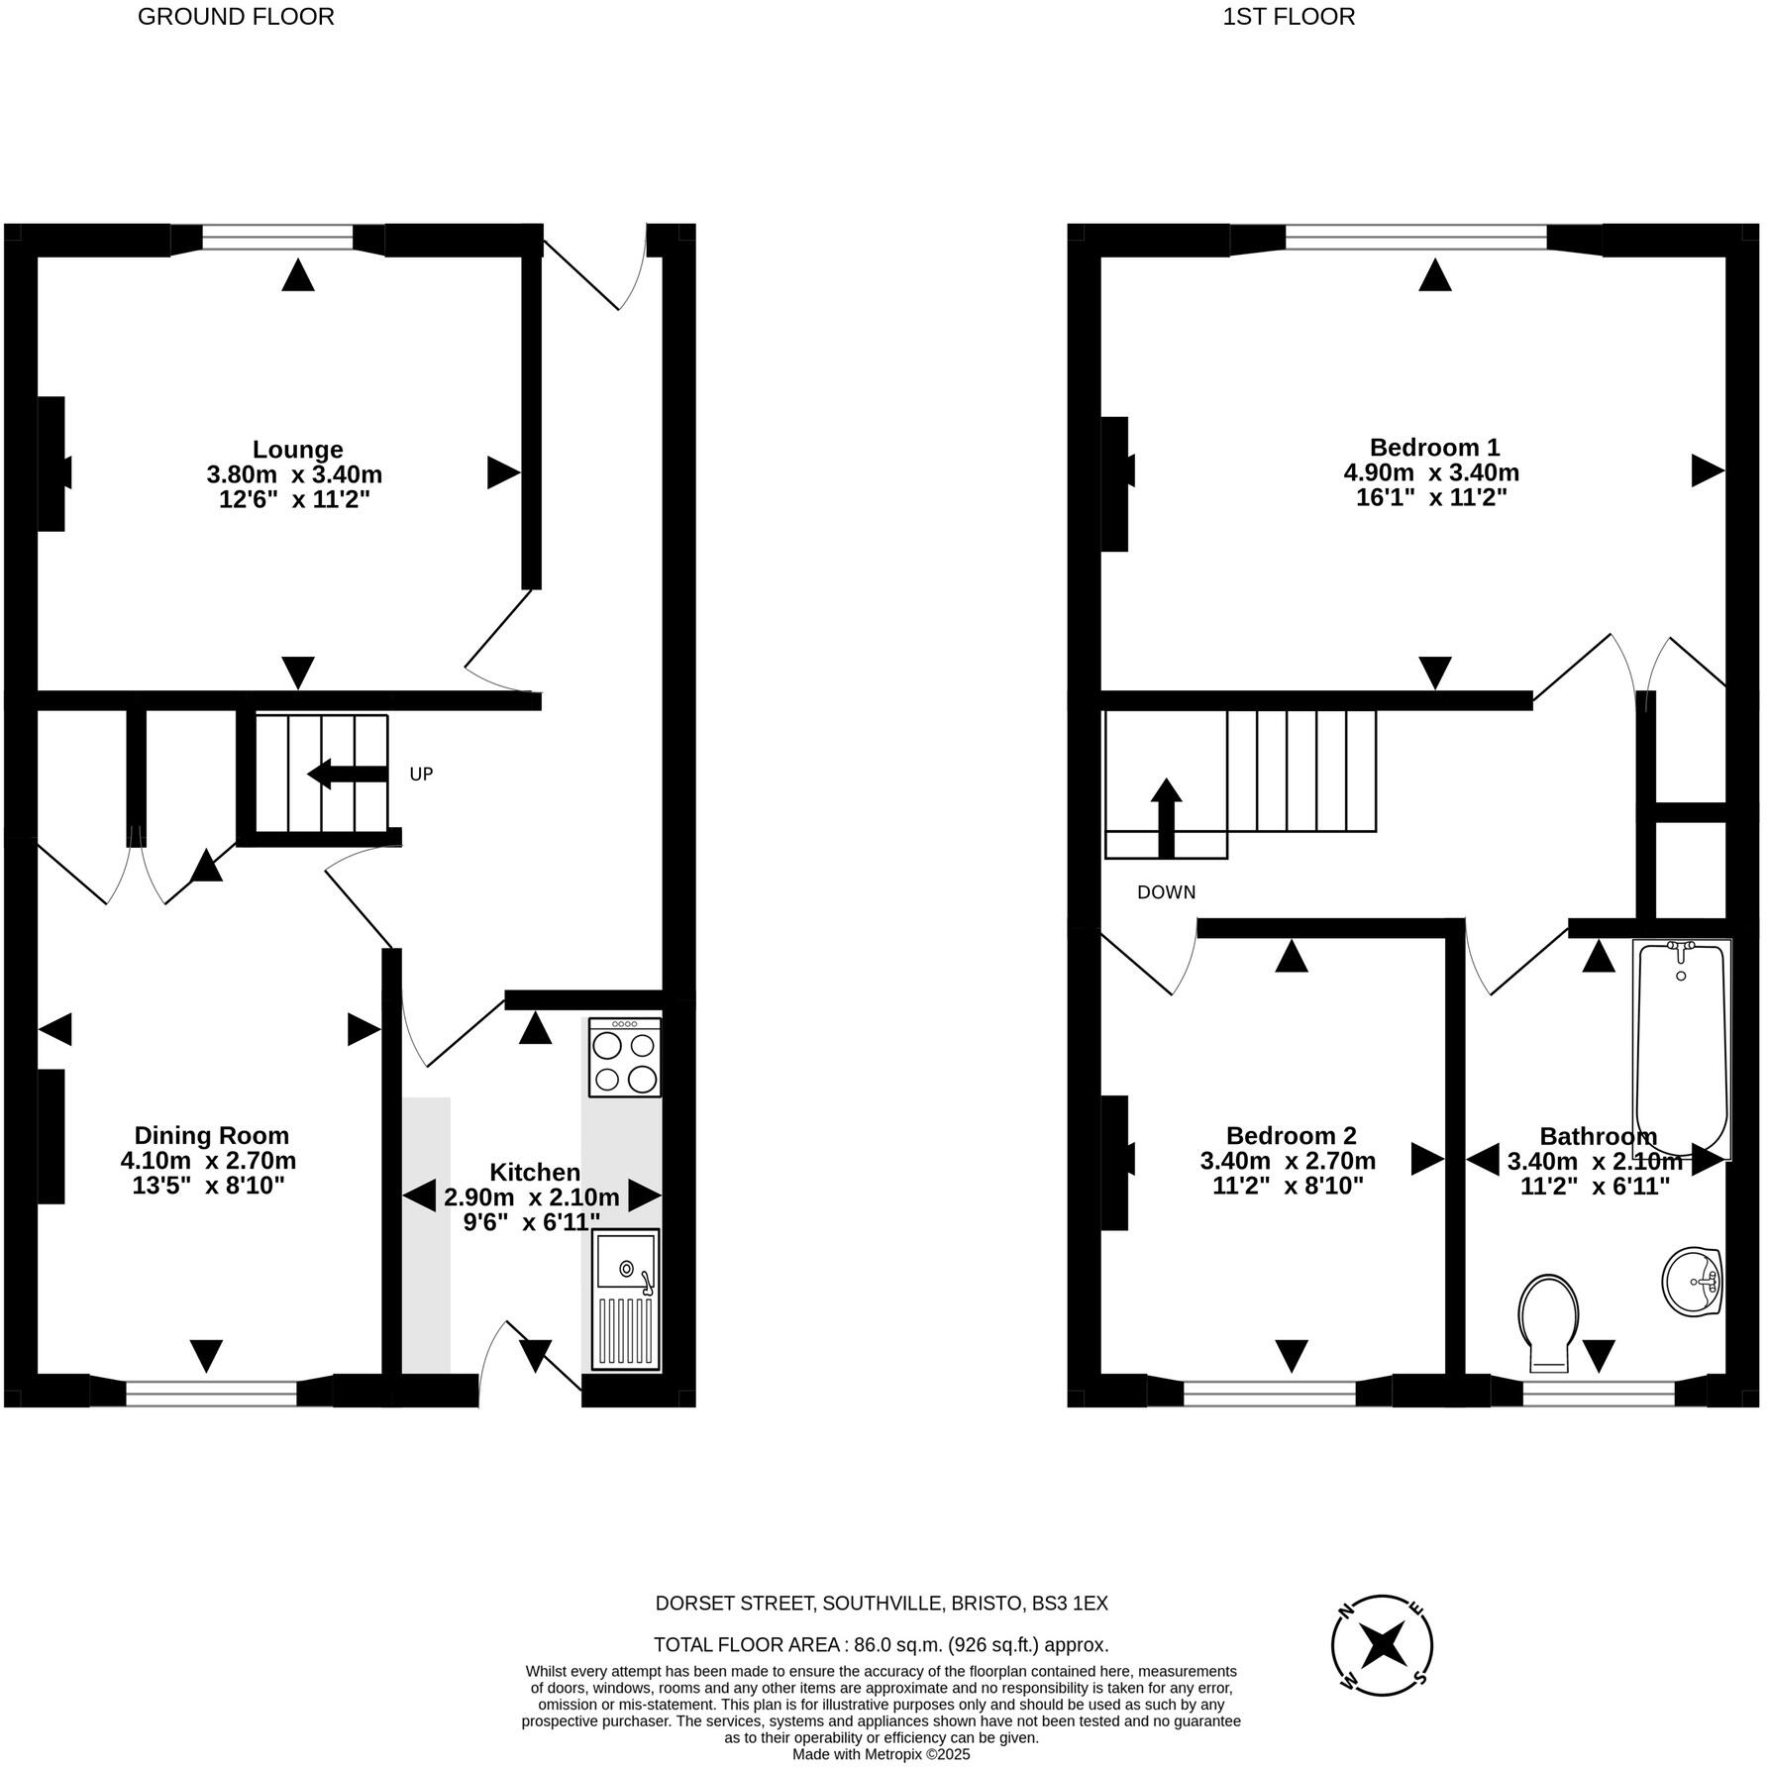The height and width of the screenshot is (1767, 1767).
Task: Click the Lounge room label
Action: [x=297, y=449]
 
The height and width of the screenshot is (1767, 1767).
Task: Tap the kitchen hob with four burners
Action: [x=624, y=1058]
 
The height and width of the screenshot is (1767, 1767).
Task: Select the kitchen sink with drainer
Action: [x=625, y=1300]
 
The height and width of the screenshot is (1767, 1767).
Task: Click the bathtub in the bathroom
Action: [x=1681, y=1048]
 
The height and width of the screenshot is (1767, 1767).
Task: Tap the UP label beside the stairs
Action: [x=421, y=775]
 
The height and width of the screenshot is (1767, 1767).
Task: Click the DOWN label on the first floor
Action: [x=1166, y=892]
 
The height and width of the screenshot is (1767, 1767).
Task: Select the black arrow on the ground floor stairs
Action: [x=347, y=775]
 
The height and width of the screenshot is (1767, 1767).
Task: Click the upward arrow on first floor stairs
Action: [x=1166, y=817]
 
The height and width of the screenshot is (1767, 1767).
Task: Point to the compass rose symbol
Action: [x=1382, y=1645]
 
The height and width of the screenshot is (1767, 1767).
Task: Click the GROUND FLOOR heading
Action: [x=236, y=17]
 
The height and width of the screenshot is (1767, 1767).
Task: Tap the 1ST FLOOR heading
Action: [x=1288, y=17]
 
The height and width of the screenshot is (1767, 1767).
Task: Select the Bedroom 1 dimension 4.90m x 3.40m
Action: [x=1430, y=472]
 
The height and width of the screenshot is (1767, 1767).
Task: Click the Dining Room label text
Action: [x=212, y=1135]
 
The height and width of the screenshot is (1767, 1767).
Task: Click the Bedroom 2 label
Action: [x=1291, y=1135]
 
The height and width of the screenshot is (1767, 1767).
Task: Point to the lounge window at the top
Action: [x=277, y=238]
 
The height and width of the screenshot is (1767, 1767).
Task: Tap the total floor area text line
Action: [x=881, y=1645]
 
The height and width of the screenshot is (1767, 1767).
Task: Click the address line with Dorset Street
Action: [x=881, y=1604]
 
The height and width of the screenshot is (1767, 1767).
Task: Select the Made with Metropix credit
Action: [x=881, y=1754]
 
